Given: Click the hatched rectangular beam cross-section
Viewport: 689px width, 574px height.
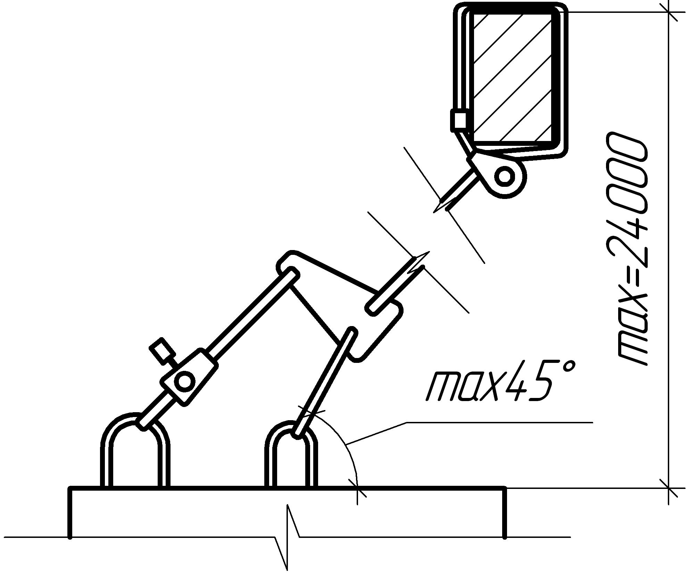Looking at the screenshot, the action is (x=512, y=76).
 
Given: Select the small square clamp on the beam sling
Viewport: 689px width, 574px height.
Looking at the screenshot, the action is (x=460, y=120).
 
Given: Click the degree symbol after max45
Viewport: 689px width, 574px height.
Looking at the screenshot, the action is (x=566, y=369).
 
